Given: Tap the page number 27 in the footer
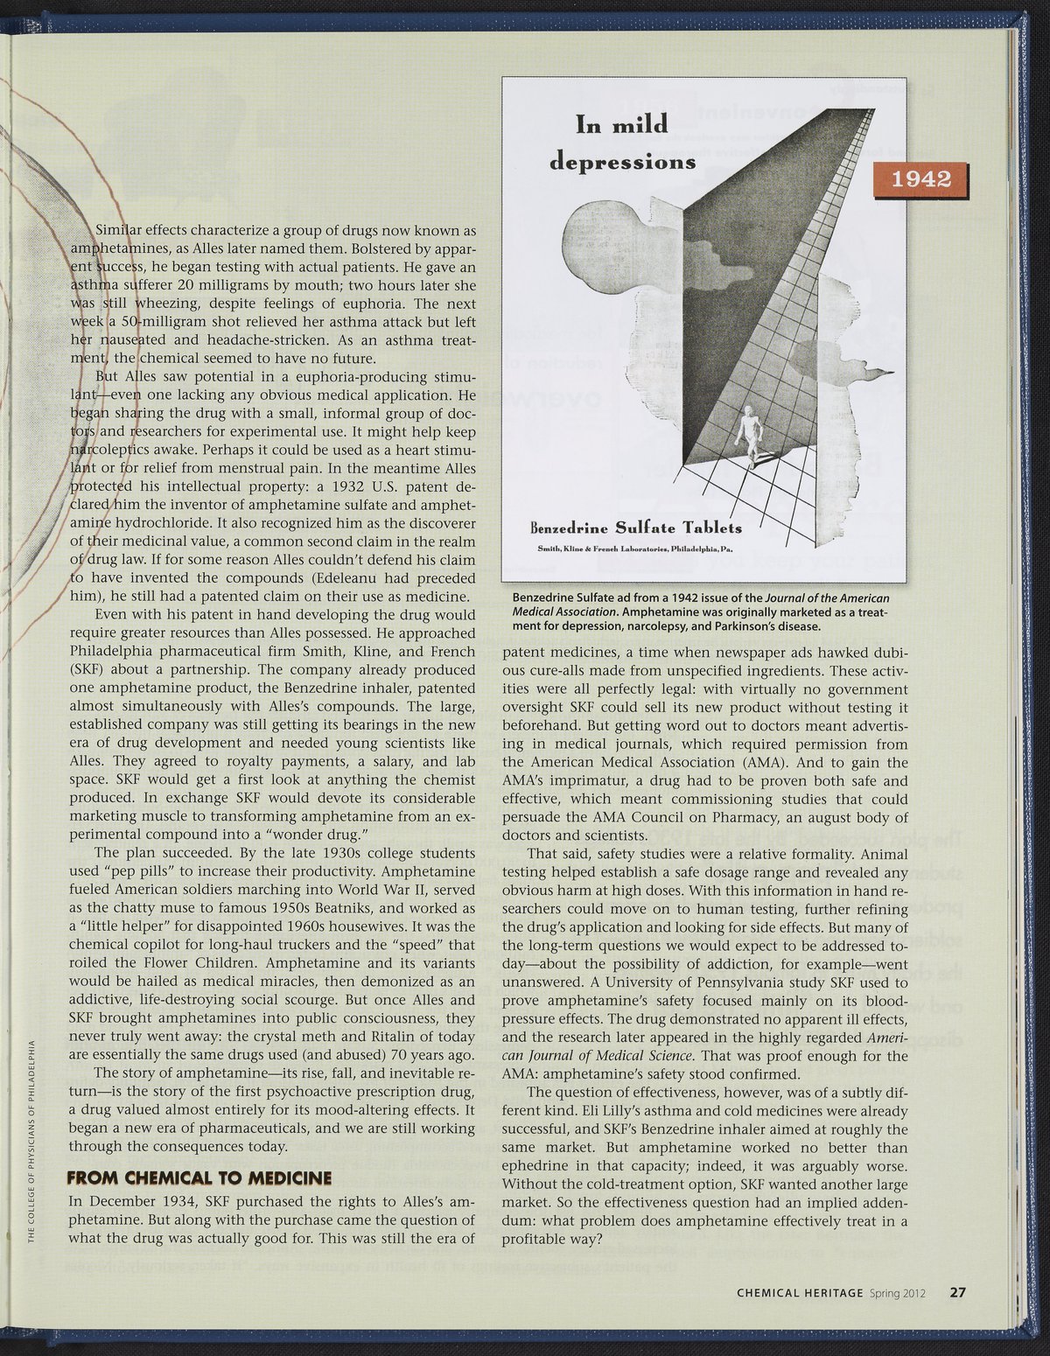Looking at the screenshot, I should coord(957,1292).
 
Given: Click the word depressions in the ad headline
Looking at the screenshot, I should coord(622,162).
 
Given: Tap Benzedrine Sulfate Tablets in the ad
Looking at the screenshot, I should coord(636,528).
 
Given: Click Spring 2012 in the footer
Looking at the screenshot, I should coord(901,1293).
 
